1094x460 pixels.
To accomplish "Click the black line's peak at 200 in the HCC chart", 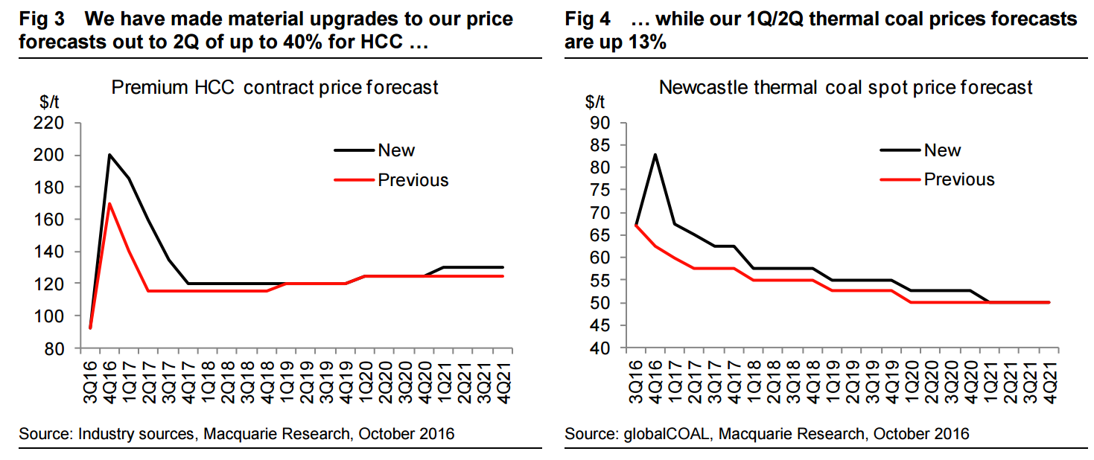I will (109, 155).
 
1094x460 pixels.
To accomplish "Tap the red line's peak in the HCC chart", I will (109, 203).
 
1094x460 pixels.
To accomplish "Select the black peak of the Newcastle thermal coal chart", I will (655, 155).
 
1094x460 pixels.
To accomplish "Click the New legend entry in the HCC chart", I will (396, 150).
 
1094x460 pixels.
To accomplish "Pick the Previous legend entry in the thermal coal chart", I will (959, 179).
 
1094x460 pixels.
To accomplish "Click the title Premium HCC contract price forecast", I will (275, 87).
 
